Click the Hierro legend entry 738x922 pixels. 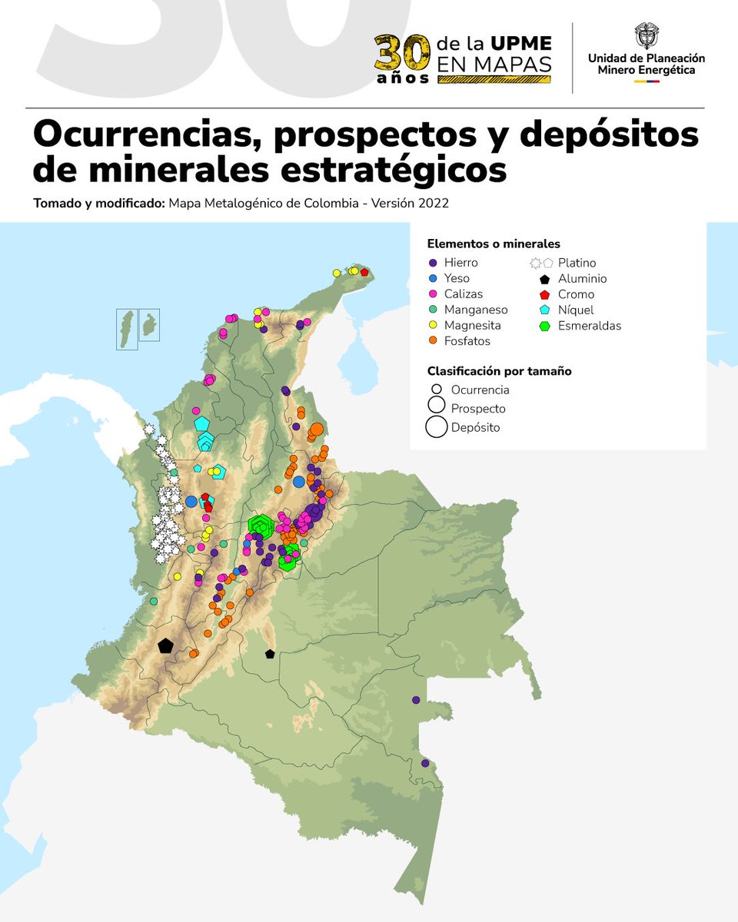point(460,263)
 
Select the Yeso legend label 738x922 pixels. point(457,278)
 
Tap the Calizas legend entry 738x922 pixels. point(463,294)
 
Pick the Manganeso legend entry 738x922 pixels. point(475,310)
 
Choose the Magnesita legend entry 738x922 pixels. point(474,326)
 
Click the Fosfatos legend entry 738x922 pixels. point(467,341)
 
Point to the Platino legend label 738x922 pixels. point(577,263)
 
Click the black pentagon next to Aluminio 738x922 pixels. point(544,280)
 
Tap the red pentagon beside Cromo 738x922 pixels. point(544,295)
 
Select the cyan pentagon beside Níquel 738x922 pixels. point(544,310)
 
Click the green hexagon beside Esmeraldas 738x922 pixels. point(544,326)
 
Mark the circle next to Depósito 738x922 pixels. point(436,426)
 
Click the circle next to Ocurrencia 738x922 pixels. point(436,390)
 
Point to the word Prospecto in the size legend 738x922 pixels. point(478,409)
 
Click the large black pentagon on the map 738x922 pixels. point(165,646)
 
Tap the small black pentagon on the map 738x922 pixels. point(269,654)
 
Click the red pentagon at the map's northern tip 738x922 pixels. point(364,272)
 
